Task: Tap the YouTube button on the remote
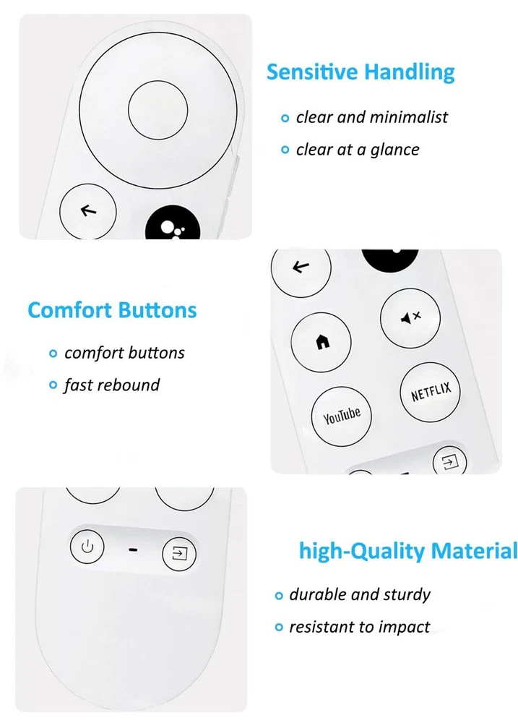pos(341,416)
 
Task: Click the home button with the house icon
pos(321,342)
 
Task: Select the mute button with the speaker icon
pos(410,317)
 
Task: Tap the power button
pos(87,547)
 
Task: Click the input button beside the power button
pos(179,553)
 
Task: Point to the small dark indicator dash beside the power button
pos(133,549)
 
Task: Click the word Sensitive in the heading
pos(312,72)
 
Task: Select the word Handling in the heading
pos(409,73)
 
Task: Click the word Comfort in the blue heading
pos(63,310)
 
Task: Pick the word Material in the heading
pos(474,550)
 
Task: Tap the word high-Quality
pos(362,552)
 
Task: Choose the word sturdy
pos(407,595)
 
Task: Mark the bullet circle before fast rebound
pos(53,385)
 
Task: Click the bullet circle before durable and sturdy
pos(278,596)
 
